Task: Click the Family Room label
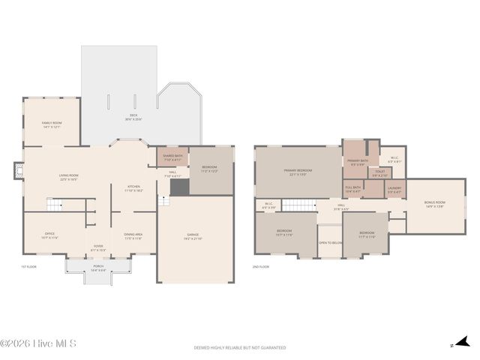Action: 52,124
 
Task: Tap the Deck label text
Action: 133,117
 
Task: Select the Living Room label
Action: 68,178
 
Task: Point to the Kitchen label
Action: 133,188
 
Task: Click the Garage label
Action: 193,236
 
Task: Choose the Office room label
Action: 49,235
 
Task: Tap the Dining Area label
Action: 133,236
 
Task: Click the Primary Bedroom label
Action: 298,172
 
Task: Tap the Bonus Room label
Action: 434,204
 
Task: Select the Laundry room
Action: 394,190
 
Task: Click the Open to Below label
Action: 330,242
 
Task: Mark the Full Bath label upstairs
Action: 352,189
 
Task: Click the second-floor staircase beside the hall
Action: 299,205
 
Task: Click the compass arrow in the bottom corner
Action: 454,346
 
